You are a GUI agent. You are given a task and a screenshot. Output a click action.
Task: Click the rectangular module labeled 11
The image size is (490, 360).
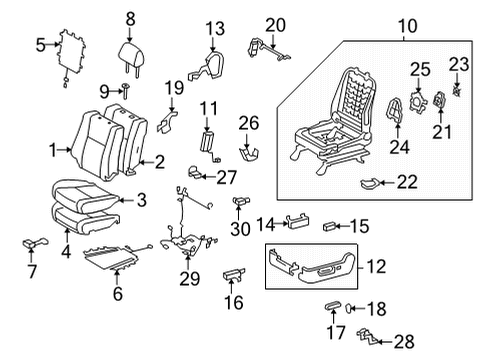coord(209,141)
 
